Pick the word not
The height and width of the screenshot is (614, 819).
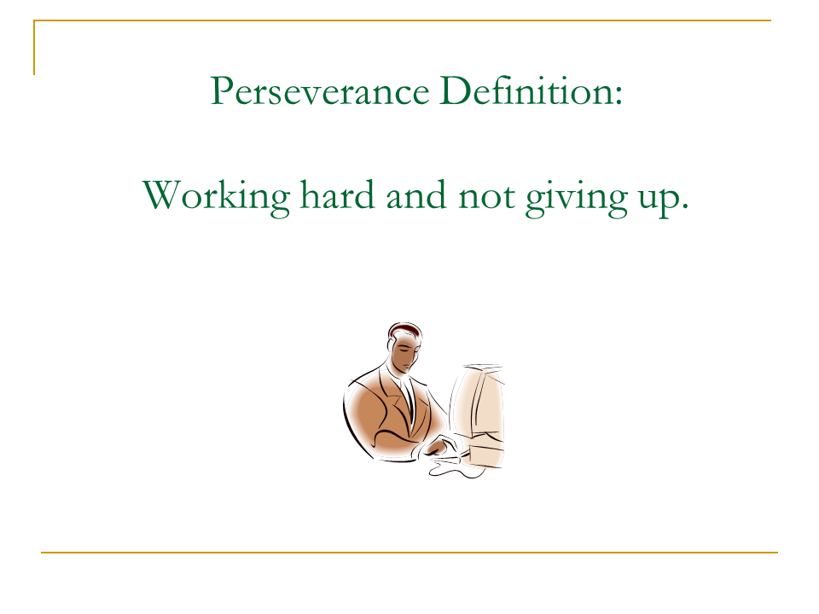click(486, 196)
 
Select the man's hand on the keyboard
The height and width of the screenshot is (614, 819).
click(442, 446)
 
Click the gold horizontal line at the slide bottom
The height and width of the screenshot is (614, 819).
click(409, 553)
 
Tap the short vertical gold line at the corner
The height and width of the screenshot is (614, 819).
click(35, 48)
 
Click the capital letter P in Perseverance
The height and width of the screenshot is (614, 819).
click(221, 91)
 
